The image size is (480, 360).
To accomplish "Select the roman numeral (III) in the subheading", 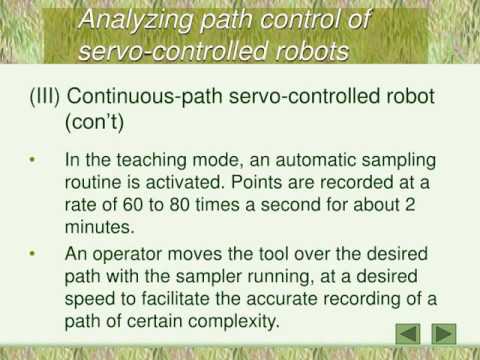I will click(x=48, y=102).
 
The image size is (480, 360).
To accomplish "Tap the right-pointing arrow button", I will click(x=444, y=333).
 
